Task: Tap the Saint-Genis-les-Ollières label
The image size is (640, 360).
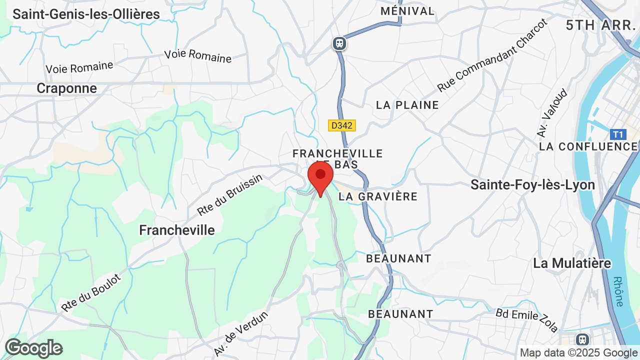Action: click(x=86, y=14)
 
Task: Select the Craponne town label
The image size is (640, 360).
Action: click(x=66, y=88)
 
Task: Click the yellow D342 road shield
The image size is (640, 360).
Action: click(x=342, y=125)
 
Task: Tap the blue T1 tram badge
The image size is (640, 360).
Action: click(x=618, y=134)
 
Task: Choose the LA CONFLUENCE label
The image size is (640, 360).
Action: click(x=588, y=146)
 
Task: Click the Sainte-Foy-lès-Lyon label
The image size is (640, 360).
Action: click(x=532, y=185)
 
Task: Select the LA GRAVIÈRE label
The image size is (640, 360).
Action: click(x=378, y=196)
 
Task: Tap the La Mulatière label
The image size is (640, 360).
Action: click(x=572, y=263)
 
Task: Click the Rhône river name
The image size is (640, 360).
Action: click(x=618, y=291)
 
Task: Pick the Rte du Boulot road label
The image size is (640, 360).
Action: click(x=91, y=292)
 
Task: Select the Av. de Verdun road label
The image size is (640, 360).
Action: click(x=241, y=333)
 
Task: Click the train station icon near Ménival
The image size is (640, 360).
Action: click(x=339, y=43)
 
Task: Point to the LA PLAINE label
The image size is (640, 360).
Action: click(x=407, y=105)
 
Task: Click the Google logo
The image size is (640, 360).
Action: click(x=33, y=348)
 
